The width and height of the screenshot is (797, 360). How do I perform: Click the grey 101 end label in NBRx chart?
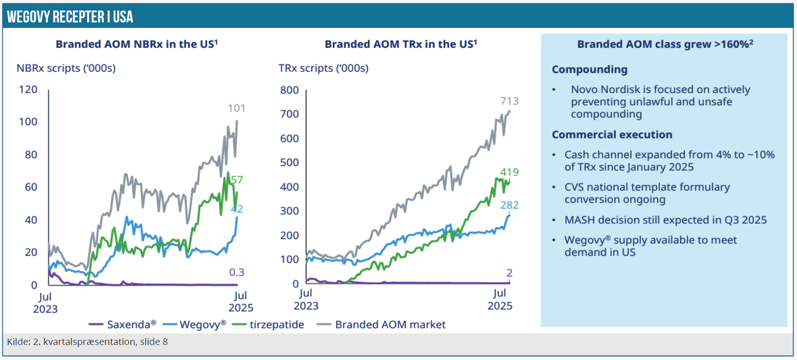point(236,108)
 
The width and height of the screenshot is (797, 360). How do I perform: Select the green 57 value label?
point(237,180)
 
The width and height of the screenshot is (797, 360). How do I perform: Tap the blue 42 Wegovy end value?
point(237,209)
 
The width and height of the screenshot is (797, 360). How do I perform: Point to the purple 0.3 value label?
point(237,272)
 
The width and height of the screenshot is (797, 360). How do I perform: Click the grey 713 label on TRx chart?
point(509,101)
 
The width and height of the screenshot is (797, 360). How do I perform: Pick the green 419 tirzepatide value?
point(509,172)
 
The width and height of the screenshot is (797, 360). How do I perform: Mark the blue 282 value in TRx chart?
point(509,205)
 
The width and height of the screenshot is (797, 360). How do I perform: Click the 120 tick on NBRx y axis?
point(28,89)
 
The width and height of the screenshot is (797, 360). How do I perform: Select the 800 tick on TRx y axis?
point(289,90)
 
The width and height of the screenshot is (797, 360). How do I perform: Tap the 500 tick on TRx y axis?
point(289,162)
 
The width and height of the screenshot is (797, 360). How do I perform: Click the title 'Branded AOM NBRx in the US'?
point(137,44)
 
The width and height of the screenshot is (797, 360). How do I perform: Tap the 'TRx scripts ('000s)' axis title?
point(323,68)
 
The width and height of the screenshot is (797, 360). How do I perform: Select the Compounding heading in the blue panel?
point(589,70)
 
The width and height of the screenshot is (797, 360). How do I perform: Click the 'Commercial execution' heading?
point(612,134)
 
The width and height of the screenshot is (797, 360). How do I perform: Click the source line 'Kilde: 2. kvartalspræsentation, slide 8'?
point(87,342)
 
